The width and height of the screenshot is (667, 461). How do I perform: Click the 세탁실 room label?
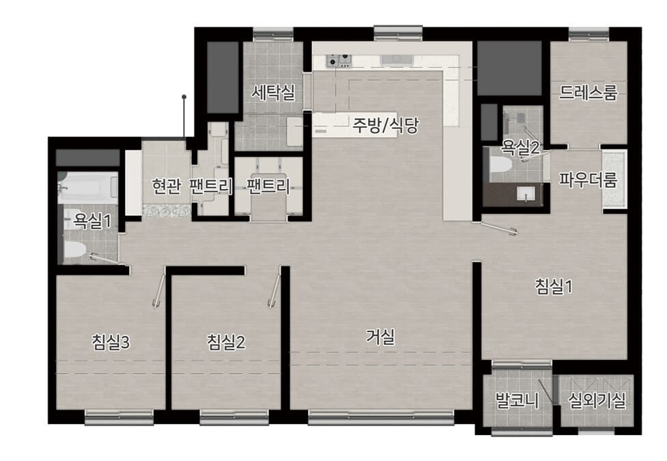[272, 92]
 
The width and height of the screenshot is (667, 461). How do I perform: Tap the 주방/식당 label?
[386, 125]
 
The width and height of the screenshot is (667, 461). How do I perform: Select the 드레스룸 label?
[588, 92]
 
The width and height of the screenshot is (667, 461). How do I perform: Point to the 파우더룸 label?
[588, 180]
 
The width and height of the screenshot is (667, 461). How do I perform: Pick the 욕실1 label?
[92, 221]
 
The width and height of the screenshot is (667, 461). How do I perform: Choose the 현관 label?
[167, 186]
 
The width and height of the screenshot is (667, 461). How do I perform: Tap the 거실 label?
[381, 337]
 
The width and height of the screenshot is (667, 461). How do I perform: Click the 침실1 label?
[554, 286]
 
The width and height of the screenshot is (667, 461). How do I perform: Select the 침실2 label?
[226, 341]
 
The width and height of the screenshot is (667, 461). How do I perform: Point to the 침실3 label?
[111, 341]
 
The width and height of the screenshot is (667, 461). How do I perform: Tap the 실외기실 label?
[597, 400]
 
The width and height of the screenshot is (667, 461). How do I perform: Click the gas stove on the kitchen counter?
[339, 61]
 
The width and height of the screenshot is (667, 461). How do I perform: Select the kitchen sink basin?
[397, 59]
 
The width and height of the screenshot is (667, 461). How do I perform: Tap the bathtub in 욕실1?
[87, 187]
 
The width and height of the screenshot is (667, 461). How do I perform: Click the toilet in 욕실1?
[75, 250]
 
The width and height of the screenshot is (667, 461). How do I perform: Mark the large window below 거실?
[381, 417]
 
